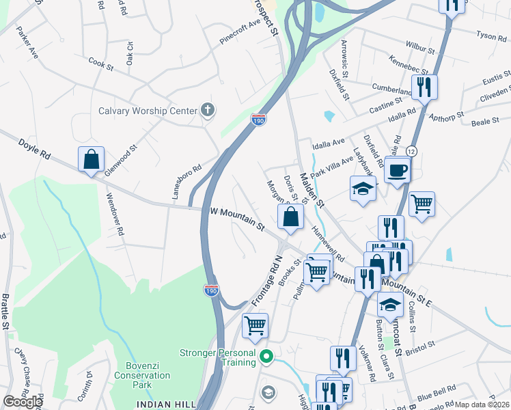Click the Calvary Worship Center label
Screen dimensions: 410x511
(x=148, y=111)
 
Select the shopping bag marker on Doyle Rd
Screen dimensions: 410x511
(x=91, y=160)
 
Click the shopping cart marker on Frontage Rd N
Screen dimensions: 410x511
(x=255, y=326)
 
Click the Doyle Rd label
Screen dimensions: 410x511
(x=35, y=156)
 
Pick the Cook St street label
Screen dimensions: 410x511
(x=100, y=64)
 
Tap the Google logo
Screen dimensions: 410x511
(x=23, y=402)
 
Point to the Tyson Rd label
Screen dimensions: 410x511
(x=490, y=35)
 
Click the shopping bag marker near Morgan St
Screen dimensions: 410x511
(x=290, y=218)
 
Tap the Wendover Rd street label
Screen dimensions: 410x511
(x=114, y=214)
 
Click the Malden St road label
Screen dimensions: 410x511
(x=310, y=186)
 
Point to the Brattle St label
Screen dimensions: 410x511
(x=5, y=311)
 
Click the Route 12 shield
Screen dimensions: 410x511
(x=411, y=150)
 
